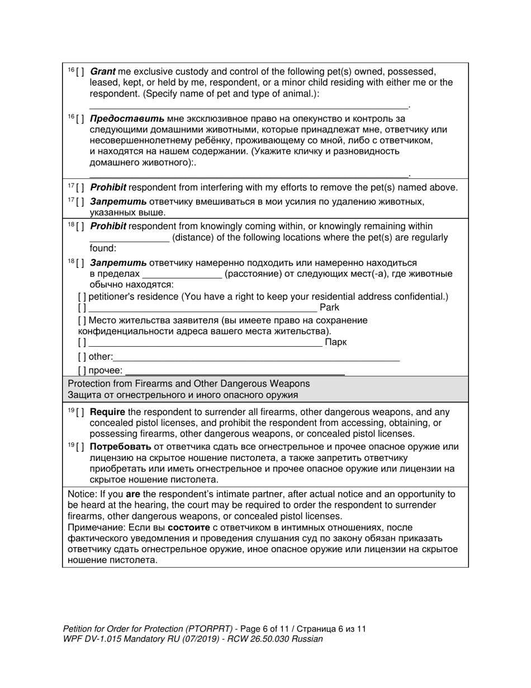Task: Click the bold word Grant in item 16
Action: point(102,72)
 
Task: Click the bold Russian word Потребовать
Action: point(120,447)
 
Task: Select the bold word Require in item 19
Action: point(107,412)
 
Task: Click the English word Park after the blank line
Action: point(329,308)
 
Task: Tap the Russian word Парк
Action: point(335,342)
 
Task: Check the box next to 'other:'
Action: point(82,357)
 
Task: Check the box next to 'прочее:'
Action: point(82,370)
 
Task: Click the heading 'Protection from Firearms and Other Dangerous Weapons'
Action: point(188,384)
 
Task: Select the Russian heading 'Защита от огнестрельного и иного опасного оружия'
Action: point(182,395)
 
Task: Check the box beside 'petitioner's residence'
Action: point(82,296)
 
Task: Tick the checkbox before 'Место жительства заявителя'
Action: point(82,321)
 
